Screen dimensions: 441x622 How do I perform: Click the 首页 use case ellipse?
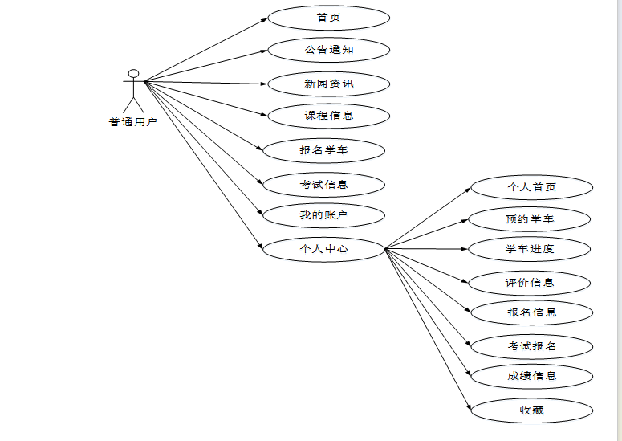pos(328,18)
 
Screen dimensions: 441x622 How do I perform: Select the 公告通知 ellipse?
pos(328,50)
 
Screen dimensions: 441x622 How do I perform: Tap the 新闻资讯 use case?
pos(328,84)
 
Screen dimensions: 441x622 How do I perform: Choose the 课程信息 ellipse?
pos(328,116)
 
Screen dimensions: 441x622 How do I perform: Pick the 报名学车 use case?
pos(324,149)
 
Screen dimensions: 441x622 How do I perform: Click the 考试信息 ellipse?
pos(324,184)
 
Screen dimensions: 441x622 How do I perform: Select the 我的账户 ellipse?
pos(324,215)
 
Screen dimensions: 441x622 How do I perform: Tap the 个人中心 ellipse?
pos(324,249)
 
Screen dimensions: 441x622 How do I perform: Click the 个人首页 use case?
pos(531,187)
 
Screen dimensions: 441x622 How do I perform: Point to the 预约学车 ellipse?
pos(530,218)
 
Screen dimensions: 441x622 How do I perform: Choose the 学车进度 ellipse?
pos(530,249)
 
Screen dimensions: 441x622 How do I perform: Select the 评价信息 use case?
pos(530,283)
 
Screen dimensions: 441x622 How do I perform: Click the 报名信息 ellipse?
pos(531,312)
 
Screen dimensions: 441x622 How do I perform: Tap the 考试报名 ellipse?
pos(531,346)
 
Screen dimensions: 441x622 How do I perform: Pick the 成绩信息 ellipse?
pos(531,375)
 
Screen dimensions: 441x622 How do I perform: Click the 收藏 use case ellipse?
pos(531,410)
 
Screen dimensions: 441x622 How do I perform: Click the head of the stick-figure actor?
pos(134,74)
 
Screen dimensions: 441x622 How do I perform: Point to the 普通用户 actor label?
pos(133,122)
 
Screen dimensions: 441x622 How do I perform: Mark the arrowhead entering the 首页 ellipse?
pos(264,19)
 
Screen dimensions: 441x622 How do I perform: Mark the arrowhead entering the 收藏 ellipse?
pos(468,409)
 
